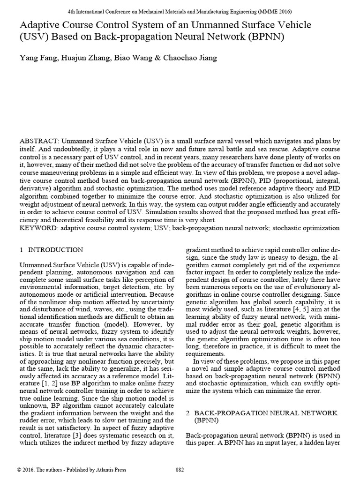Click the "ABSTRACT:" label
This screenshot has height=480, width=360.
39,141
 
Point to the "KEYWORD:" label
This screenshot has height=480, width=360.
37,228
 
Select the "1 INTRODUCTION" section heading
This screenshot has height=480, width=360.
52,250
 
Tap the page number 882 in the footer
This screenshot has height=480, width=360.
180,470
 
